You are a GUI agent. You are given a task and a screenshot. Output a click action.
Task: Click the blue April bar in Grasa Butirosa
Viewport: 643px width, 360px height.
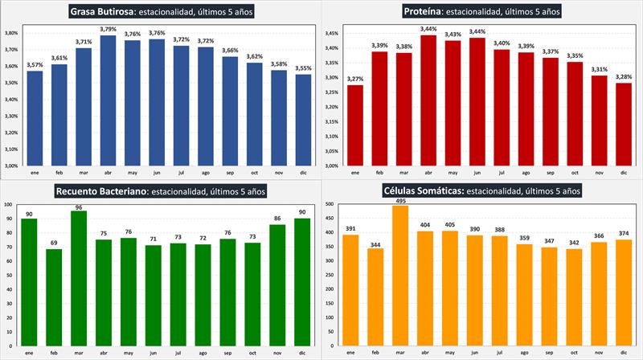coord(108,100)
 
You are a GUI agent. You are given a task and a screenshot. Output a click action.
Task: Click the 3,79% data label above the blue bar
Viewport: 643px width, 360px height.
coord(108,30)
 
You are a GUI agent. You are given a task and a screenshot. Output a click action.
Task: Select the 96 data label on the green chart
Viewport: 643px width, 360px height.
coord(79,208)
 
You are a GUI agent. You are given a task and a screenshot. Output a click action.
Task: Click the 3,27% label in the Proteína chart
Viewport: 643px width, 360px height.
coord(354,79)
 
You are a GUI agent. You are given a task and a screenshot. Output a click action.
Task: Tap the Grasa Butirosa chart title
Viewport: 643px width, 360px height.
coord(161,11)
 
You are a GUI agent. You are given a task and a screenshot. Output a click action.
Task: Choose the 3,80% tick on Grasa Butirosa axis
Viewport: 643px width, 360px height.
coord(11,34)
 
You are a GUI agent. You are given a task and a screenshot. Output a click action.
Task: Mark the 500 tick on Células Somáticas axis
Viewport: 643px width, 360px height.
coord(330,205)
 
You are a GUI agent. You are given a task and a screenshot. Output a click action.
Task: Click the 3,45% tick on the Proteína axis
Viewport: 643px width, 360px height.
coord(330,34)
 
